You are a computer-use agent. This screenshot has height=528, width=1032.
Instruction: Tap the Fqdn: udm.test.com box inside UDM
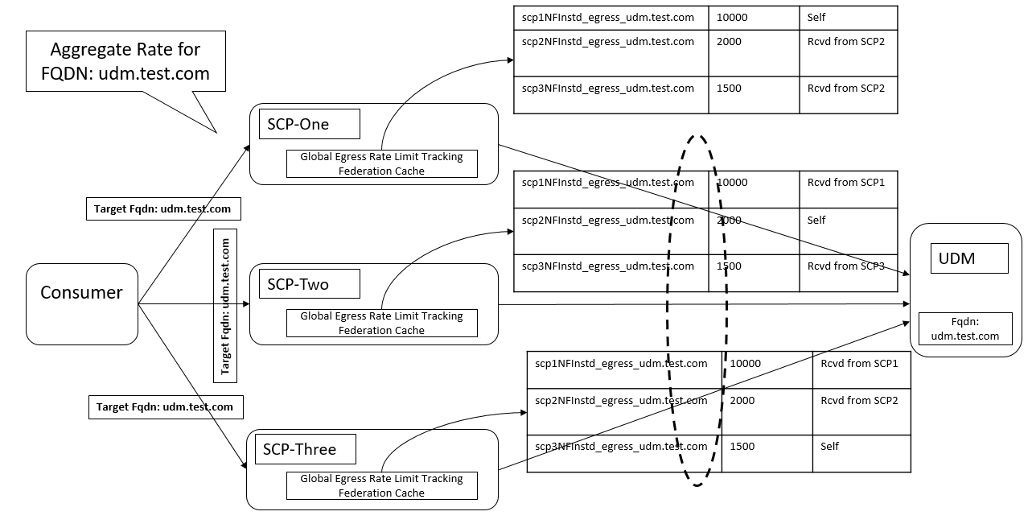(x=964, y=328)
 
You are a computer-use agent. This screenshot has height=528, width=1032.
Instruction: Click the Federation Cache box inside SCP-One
(x=381, y=163)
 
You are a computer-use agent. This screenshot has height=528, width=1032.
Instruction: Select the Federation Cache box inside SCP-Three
(x=381, y=485)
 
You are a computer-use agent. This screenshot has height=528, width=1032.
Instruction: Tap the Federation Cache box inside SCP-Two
(x=381, y=323)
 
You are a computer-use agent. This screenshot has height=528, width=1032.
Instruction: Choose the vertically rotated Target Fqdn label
(x=226, y=304)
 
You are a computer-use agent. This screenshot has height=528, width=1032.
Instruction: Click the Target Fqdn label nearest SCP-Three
(x=165, y=407)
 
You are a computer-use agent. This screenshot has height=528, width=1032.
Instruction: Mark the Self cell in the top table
(x=816, y=17)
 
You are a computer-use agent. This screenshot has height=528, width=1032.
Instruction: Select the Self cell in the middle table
(x=816, y=220)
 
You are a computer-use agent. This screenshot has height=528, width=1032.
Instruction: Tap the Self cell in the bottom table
(x=829, y=446)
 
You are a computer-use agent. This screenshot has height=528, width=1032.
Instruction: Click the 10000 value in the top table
(x=732, y=17)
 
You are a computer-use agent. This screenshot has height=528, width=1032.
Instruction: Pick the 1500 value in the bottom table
(x=742, y=446)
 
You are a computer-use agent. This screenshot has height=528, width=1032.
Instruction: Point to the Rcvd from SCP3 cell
(x=845, y=266)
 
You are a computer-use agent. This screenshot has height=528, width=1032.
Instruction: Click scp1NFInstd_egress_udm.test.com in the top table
(x=607, y=17)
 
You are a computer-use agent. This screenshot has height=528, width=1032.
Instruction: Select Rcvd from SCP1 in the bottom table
(x=858, y=363)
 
